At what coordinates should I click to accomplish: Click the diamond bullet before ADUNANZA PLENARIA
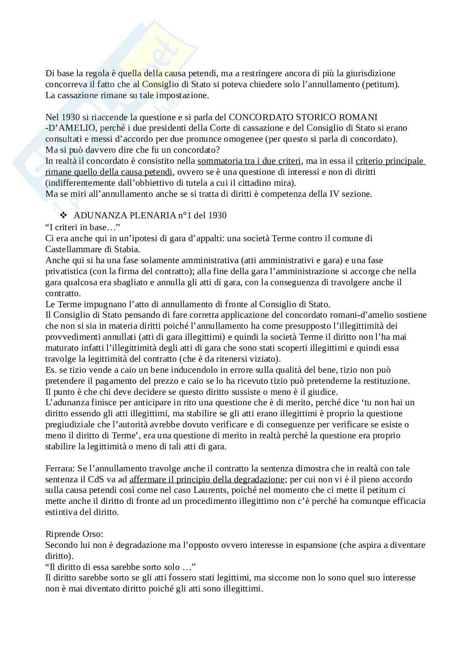(64, 215)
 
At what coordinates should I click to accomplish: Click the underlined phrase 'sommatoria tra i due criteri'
(249, 161)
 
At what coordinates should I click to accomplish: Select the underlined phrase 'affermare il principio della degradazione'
(207, 479)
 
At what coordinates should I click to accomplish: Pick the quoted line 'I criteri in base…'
(80, 227)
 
